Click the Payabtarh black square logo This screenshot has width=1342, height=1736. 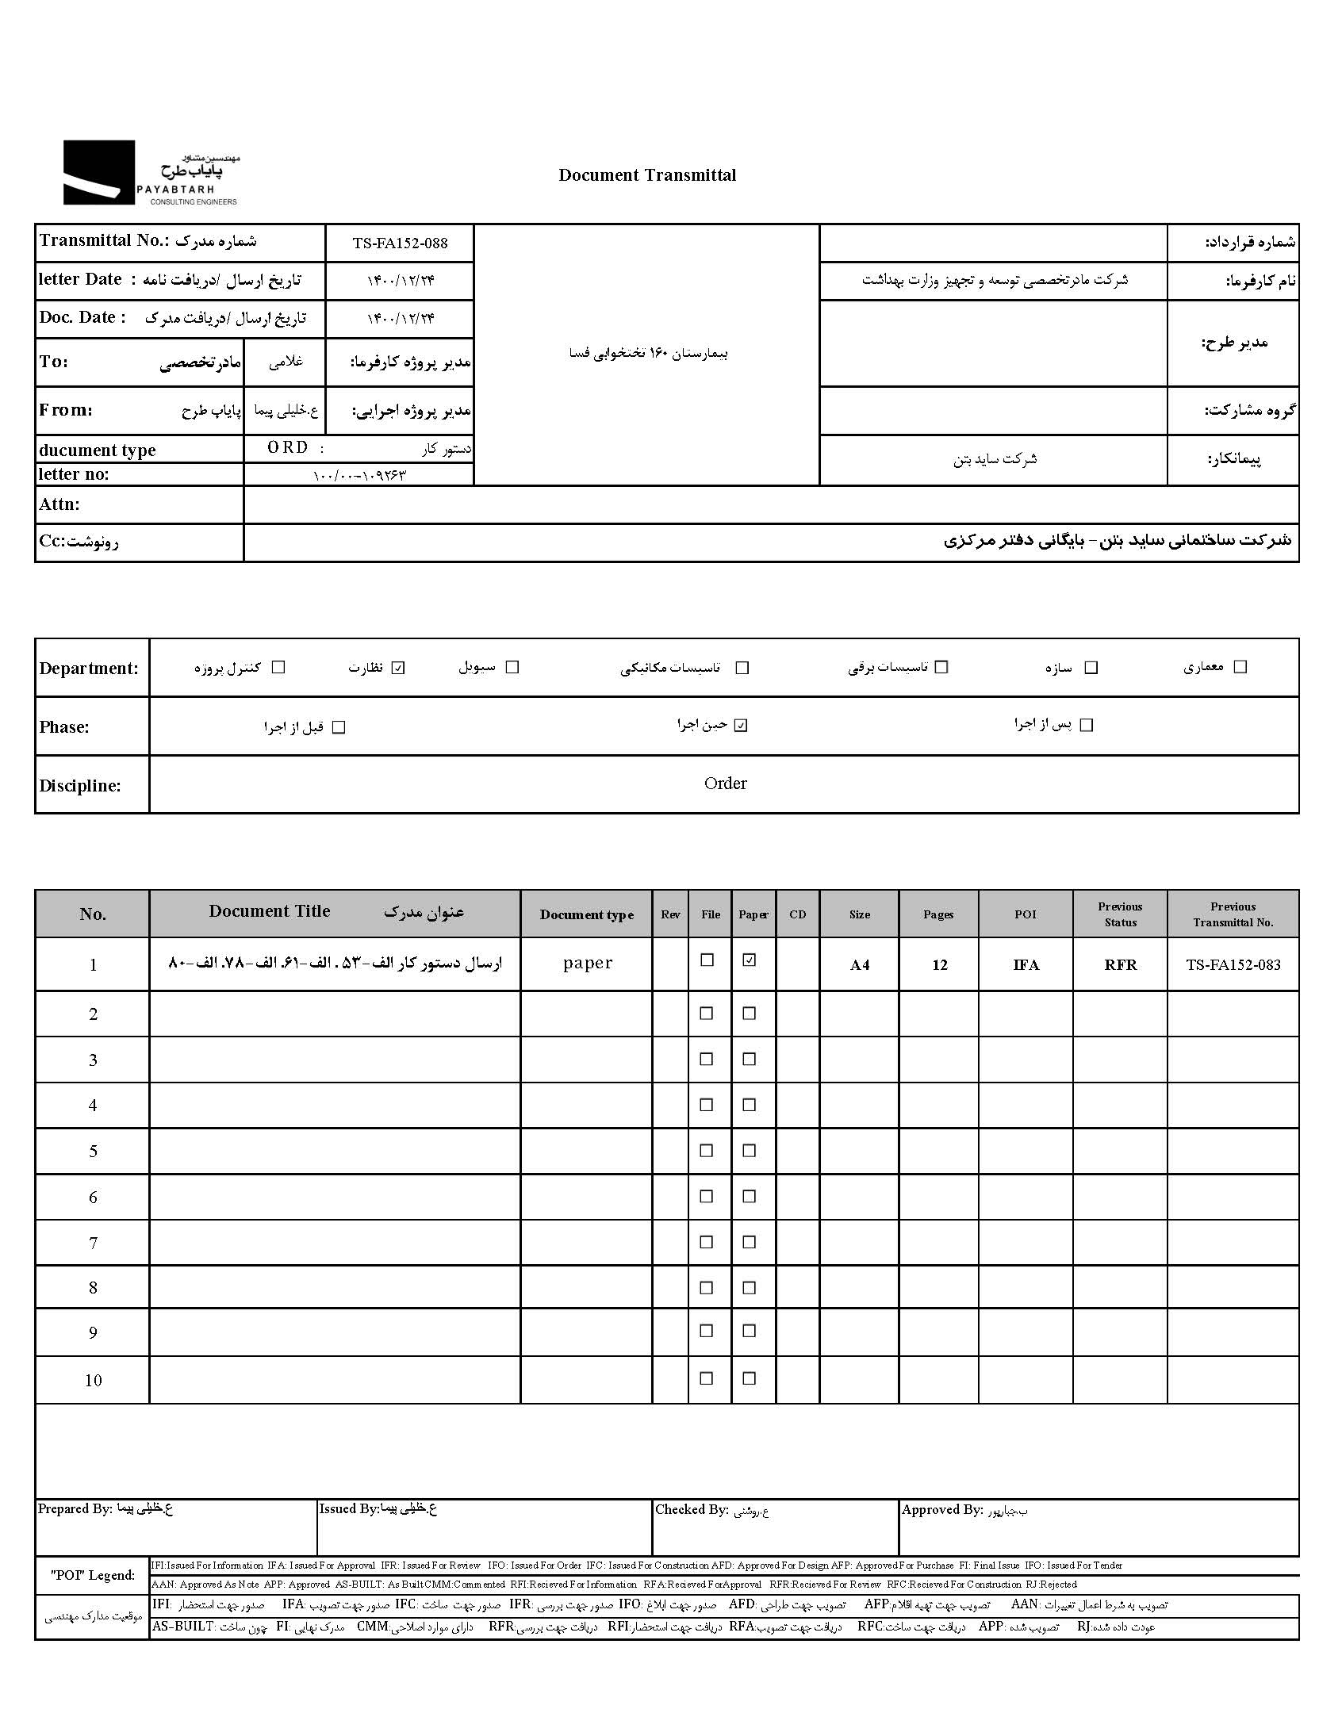(x=98, y=172)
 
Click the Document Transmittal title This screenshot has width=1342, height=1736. (x=646, y=175)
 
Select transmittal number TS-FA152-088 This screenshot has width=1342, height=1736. (x=400, y=243)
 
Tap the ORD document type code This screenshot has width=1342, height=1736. (x=287, y=447)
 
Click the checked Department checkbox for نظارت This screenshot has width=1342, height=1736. (x=398, y=668)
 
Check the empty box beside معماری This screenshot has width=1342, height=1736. (x=1240, y=667)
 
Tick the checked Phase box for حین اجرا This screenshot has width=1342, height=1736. (x=741, y=725)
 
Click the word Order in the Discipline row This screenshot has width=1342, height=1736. (x=725, y=784)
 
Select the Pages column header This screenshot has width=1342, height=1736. (x=938, y=914)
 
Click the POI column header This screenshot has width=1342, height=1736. (x=1025, y=914)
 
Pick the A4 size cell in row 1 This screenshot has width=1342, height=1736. (x=860, y=965)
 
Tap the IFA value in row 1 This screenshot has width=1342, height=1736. (x=1026, y=965)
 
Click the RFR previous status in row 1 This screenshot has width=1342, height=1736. (x=1120, y=965)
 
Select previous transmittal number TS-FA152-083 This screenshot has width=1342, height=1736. (x=1233, y=965)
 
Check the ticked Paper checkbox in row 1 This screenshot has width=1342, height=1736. (x=749, y=960)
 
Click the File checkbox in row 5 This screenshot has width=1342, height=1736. (x=706, y=1150)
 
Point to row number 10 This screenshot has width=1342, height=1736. (x=93, y=1381)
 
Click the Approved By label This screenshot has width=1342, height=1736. (x=942, y=1509)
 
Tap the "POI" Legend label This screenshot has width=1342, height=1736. (x=93, y=1575)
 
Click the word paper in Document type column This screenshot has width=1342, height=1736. (x=588, y=964)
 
